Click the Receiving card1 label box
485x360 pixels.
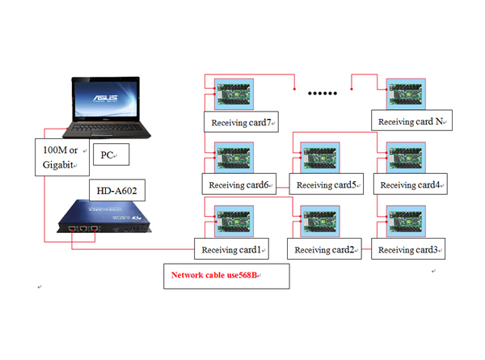pos(231,248)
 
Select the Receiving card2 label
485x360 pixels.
pos(324,248)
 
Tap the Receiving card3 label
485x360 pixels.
pos(408,248)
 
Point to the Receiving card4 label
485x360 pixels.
pos(410,184)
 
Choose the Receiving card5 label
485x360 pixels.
pos(327,184)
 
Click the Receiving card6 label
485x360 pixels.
pos(239,184)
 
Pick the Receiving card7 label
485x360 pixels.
pos(241,122)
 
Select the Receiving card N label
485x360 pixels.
pos(411,120)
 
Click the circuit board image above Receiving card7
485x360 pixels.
pos(234,94)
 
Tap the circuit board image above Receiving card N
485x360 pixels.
pos(406,94)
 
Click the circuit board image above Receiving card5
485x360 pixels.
pos(320,158)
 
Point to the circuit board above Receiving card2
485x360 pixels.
pos(320,221)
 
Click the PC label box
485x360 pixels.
pos(111,155)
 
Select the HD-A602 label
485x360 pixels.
pos(117,190)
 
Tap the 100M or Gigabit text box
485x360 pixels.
pos(62,157)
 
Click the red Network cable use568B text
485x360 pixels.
pos(214,275)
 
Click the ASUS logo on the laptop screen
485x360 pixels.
pos(105,98)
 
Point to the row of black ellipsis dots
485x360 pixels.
pos(323,93)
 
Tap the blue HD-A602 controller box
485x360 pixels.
pos(104,216)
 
